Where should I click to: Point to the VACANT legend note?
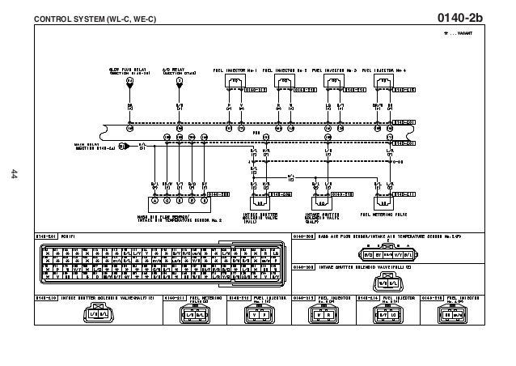point(458,34)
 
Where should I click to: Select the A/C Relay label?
point(179,71)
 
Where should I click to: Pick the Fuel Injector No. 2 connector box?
point(283,82)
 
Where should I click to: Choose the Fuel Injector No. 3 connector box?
point(332,82)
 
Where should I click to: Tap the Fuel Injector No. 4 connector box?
point(382,82)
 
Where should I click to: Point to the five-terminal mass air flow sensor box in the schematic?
point(178,200)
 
